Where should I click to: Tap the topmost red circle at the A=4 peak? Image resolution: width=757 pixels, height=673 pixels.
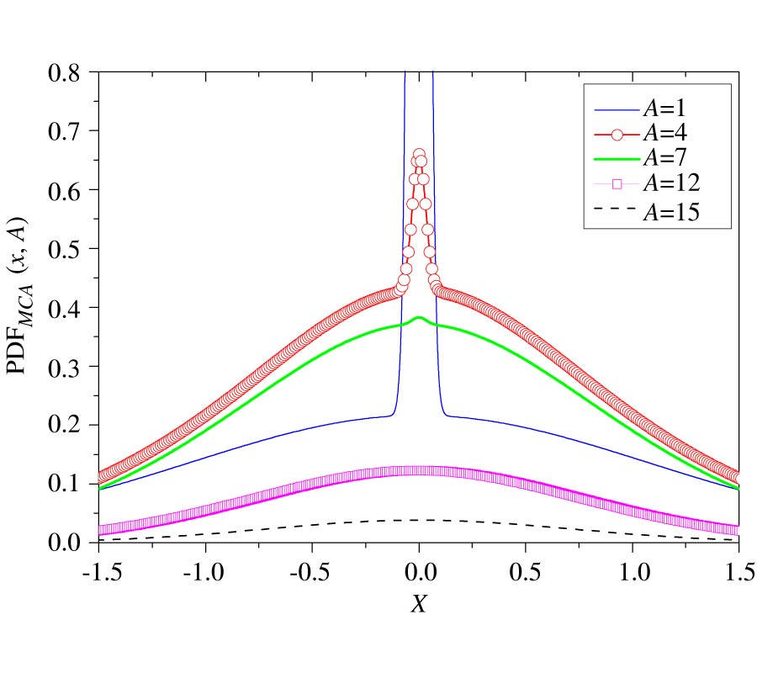tap(419, 155)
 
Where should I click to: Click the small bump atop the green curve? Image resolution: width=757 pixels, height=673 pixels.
tap(419, 317)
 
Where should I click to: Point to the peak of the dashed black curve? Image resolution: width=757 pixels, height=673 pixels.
tap(419, 520)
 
